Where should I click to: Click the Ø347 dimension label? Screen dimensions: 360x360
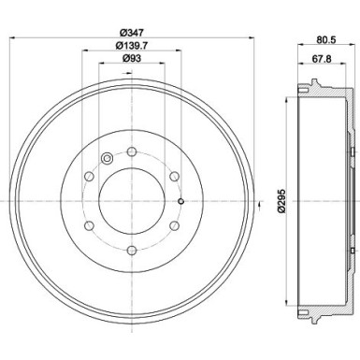132,32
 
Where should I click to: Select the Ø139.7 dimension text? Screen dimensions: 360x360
132,47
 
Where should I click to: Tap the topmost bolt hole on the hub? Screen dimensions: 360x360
132,151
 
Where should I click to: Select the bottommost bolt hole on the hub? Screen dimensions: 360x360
132,249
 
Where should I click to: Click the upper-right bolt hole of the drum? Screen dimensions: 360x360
174,175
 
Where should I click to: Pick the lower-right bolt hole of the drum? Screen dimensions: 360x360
174,224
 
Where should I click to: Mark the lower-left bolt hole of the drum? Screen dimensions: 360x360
89,224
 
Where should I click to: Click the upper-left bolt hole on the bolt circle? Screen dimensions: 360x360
89,175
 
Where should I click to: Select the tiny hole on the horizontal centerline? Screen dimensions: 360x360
180,199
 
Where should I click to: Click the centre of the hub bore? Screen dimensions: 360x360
132,199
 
